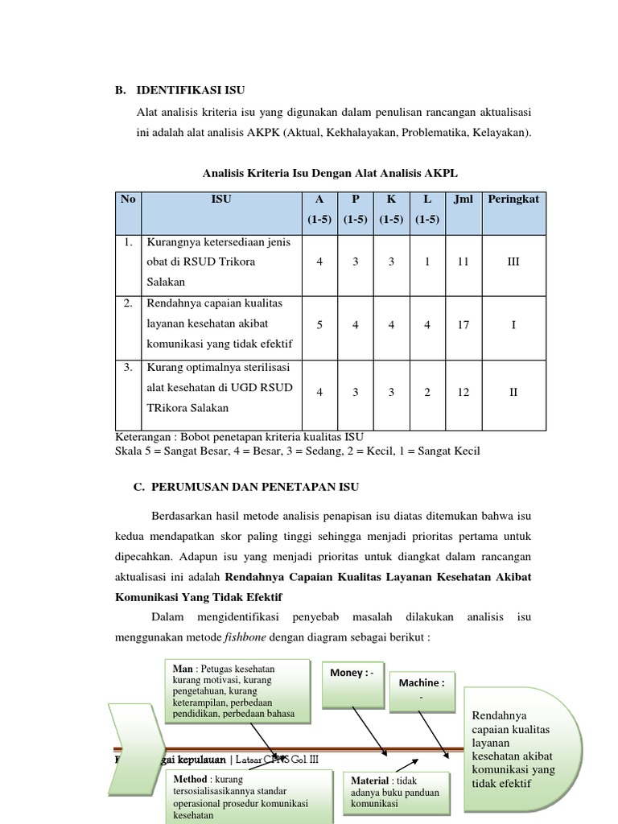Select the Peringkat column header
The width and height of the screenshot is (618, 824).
pos(513,200)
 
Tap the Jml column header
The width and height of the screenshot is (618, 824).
pos(463,200)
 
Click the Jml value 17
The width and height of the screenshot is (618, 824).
pos(463,325)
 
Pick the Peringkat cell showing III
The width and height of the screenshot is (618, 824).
pos(513,262)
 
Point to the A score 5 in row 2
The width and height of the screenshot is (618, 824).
pos(320,325)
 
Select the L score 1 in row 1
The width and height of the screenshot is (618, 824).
pos(427,262)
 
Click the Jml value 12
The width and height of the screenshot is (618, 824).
pos(463,392)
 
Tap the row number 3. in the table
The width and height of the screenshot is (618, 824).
pos(128,368)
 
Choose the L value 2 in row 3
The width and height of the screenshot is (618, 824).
pos(427,392)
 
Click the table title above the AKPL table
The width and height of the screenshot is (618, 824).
pos(331,173)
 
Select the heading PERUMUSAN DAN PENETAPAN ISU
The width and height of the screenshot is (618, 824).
pos(250,488)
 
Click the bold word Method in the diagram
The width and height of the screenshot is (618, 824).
pos(190,780)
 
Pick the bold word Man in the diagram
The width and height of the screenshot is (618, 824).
pos(183,668)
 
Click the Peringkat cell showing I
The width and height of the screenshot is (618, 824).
pos(513,325)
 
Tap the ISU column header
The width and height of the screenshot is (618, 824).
pos(221,200)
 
